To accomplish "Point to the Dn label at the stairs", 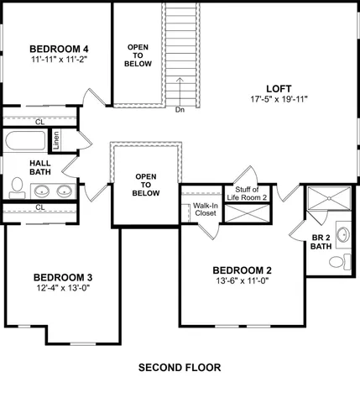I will [x=180, y=109].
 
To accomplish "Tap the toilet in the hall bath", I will [x=17, y=185].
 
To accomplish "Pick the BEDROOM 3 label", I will [x=62, y=277].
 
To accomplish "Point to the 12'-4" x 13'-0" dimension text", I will [x=62, y=289].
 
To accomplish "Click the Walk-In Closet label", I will [x=206, y=209].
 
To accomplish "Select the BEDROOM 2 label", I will [x=242, y=270].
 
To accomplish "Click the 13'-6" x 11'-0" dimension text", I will [x=242, y=281].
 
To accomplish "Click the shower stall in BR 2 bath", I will [x=326, y=200].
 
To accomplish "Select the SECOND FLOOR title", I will [x=179, y=368].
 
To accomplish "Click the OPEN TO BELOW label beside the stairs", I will [x=138, y=56].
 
